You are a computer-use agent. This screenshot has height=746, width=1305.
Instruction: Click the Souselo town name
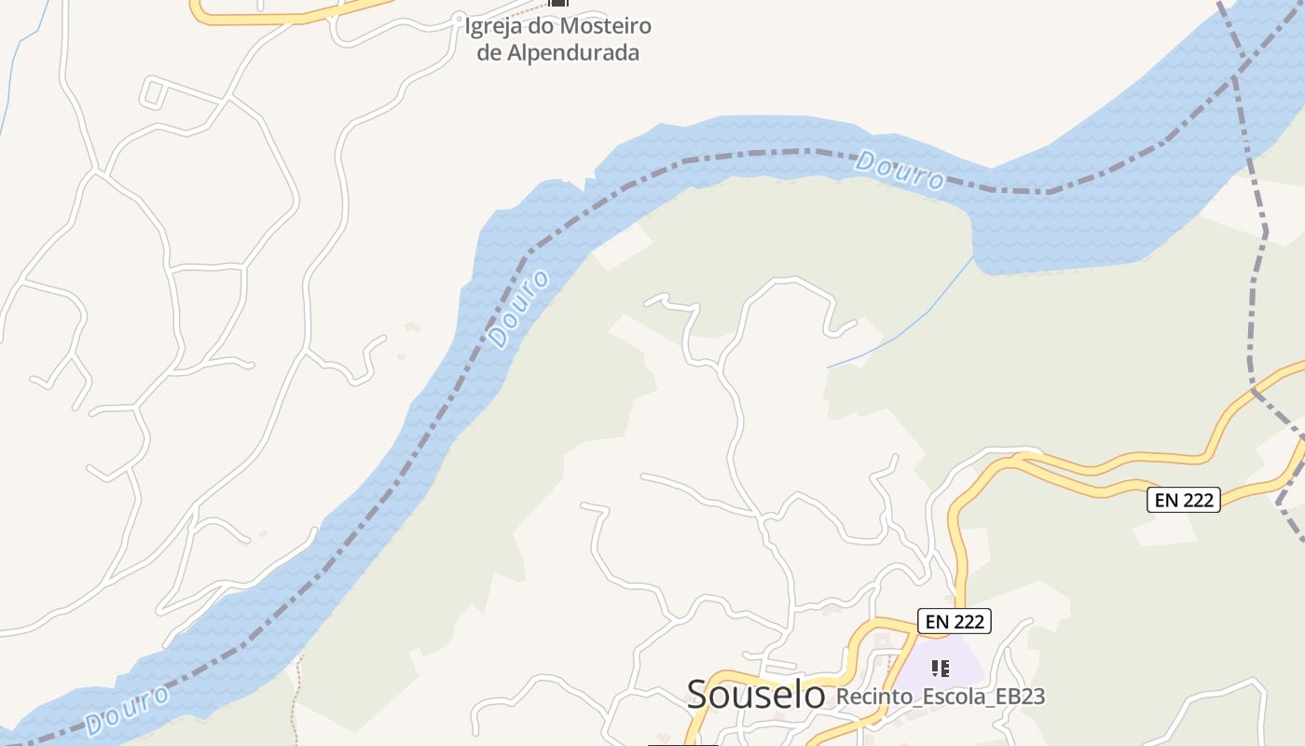(756, 694)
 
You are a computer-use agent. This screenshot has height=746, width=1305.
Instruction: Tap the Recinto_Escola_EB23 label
(941, 697)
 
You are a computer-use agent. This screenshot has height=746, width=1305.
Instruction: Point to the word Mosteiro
(607, 26)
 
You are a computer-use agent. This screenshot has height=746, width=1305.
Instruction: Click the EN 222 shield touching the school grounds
(954, 621)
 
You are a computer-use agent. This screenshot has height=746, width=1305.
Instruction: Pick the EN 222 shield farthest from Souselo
(1183, 500)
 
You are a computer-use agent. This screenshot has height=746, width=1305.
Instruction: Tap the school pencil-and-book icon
(941, 668)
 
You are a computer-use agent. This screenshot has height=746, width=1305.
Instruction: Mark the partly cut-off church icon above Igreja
(558, 3)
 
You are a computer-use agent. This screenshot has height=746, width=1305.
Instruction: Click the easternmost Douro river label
(900, 169)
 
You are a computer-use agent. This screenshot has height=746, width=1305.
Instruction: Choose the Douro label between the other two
(518, 311)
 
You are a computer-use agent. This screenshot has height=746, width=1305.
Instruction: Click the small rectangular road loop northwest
(154, 92)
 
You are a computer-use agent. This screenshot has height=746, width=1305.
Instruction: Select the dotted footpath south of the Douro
(295, 699)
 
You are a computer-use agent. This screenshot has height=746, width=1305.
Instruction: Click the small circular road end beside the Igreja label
(458, 17)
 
